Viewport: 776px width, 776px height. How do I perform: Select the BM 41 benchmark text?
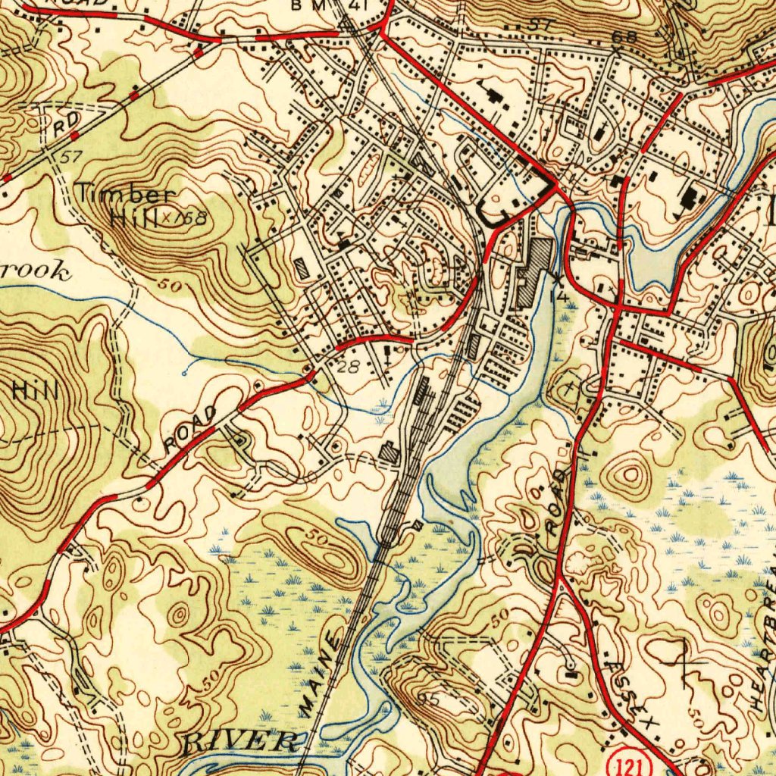coord(330,6)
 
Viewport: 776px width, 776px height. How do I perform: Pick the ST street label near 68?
coord(539,24)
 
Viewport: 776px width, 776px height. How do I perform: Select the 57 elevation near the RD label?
coord(70,157)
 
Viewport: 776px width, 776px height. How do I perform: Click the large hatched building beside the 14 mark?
coord(535,273)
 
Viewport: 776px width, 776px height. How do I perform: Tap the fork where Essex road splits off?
coord(560,580)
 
